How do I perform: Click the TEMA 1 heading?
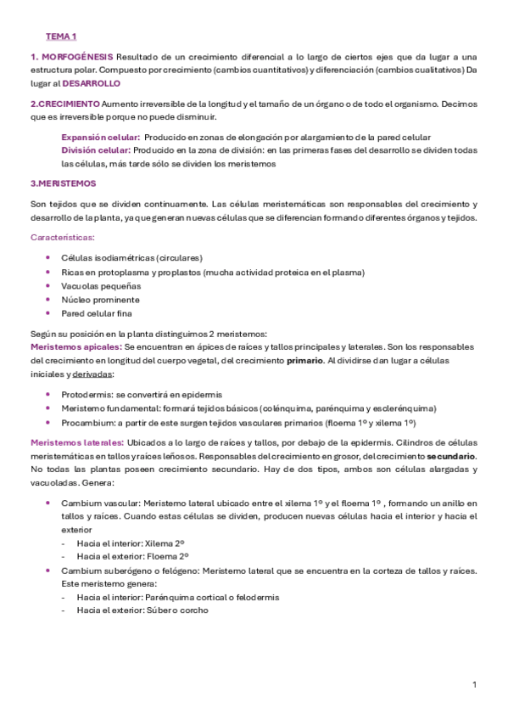(x=61, y=37)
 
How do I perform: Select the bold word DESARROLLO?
(x=92, y=83)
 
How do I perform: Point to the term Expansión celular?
(x=100, y=137)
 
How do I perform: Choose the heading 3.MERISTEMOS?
(x=63, y=183)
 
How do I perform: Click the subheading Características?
(x=63, y=238)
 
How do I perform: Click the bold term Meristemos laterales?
(x=77, y=442)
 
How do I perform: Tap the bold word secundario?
(x=451, y=456)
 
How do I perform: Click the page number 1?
(x=474, y=684)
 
